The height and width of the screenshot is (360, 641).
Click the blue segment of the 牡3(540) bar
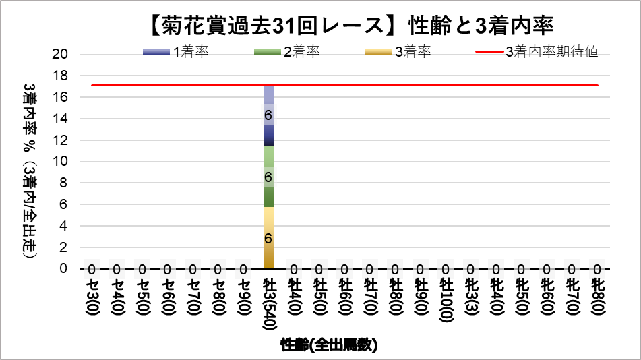268,115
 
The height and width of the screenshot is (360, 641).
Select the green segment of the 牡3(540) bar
268,177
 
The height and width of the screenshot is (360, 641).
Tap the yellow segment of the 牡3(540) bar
268,237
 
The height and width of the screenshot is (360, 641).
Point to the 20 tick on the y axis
61,55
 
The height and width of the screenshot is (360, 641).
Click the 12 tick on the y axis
61,140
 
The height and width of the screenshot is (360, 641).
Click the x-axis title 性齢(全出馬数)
329,346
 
